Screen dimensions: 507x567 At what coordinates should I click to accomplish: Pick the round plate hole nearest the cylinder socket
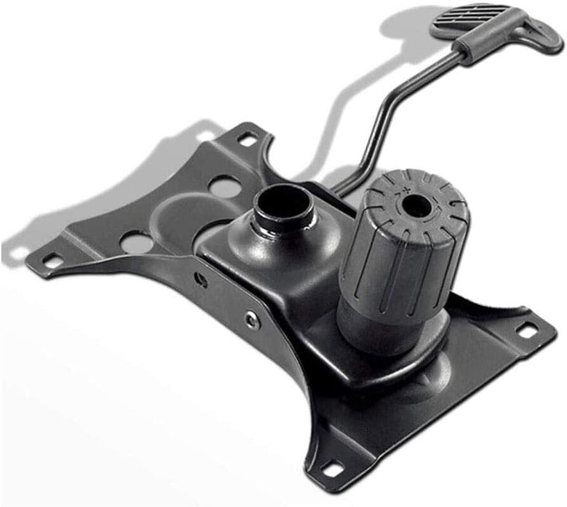(x=224, y=186)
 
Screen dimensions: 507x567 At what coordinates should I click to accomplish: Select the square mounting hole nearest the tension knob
(x=526, y=330)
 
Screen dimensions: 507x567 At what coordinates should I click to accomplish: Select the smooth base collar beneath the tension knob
(x=371, y=330)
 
